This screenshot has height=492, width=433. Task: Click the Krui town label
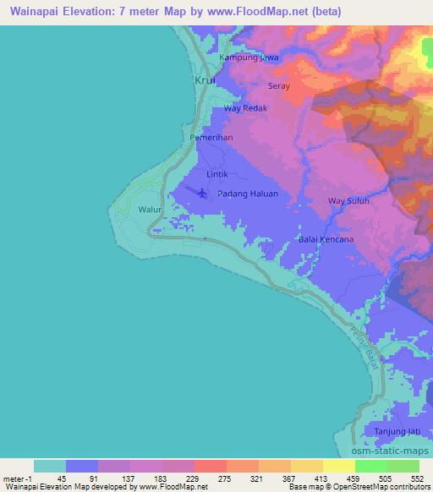[x=205, y=80]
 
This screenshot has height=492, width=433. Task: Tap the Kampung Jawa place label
[x=249, y=57]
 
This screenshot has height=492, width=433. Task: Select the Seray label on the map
[x=279, y=86]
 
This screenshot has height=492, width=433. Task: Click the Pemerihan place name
[x=211, y=136]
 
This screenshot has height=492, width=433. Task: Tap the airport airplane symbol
[x=202, y=193]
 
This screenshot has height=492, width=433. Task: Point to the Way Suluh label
[x=348, y=201]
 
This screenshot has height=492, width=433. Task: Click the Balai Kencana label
[x=326, y=239]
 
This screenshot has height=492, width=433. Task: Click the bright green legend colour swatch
[x=370, y=465]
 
